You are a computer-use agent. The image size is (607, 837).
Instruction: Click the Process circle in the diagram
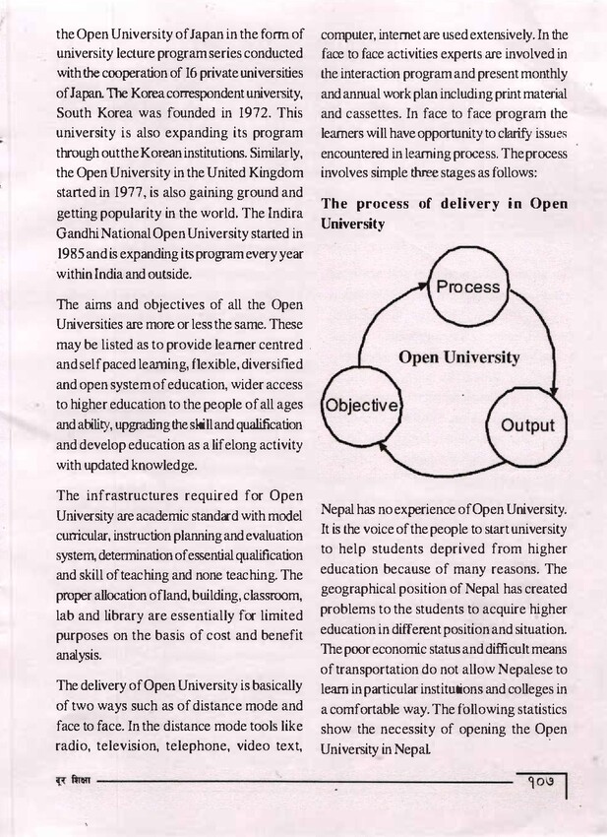(x=468, y=289)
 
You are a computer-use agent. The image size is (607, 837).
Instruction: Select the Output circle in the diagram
(x=527, y=426)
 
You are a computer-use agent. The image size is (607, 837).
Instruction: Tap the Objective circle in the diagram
(x=362, y=405)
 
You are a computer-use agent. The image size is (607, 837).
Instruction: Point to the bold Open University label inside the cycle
(x=458, y=356)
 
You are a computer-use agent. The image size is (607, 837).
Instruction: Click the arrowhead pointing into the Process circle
(x=425, y=286)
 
